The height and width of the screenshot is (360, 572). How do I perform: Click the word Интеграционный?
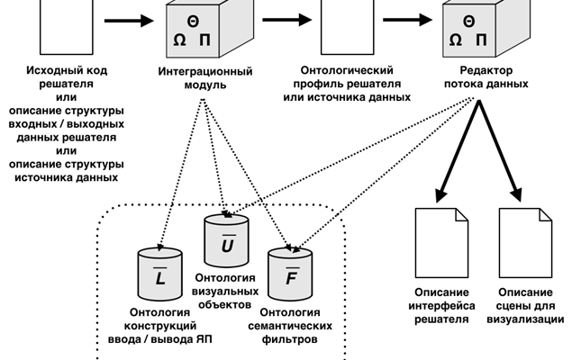204,70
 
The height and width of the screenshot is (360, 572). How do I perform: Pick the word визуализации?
525,319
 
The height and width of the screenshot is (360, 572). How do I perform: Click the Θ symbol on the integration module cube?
193,20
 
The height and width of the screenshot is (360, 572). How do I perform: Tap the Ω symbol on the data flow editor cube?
455,40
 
